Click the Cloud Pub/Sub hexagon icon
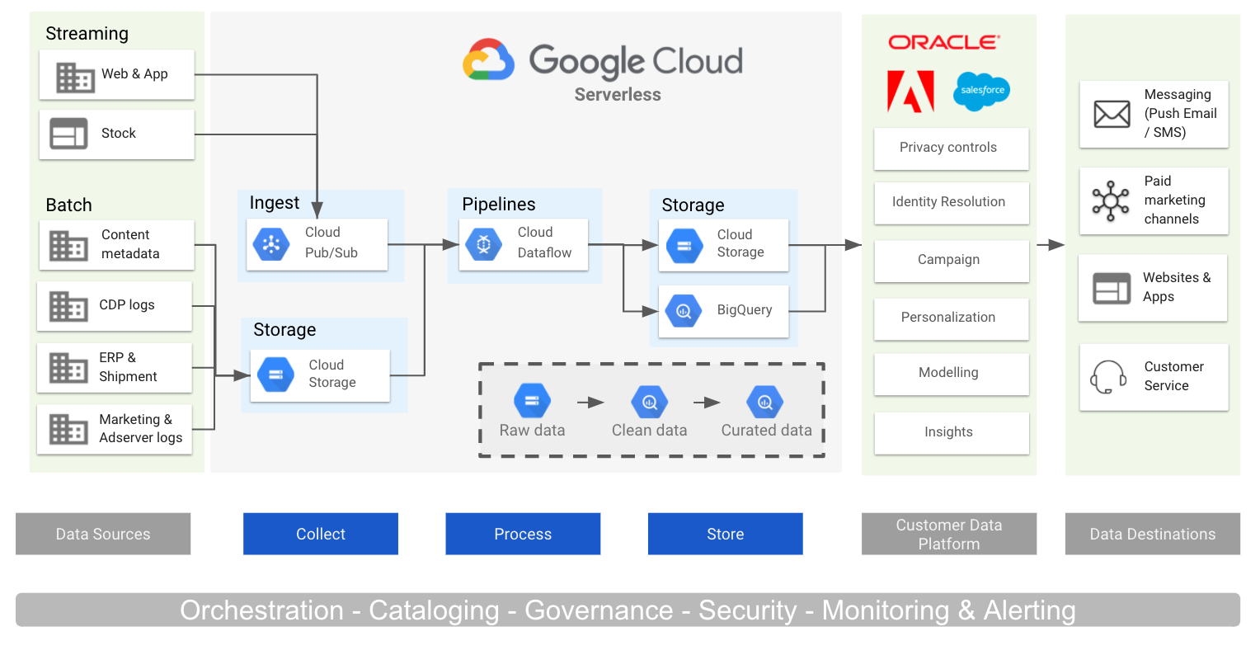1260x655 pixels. coord(270,243)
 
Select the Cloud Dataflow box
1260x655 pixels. coord(523,243)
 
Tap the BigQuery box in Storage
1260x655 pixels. coord(723,310)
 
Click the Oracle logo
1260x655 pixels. coord(944,42)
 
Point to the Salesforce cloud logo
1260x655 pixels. coord(981,91)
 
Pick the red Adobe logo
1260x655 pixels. coord(910,91)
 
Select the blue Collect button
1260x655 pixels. coord(320,534)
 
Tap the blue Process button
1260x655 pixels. coord(523,534)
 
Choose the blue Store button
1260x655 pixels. coord(725,534)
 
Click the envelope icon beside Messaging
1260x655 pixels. coord(1112,114)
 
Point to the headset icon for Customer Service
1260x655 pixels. coord(1108,377)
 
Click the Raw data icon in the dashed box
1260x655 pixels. coord(532,401)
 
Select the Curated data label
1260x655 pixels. coord(766,430)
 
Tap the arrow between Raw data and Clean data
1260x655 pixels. coord(590,403)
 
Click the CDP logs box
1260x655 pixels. coord(115,305)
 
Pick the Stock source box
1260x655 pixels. coord(117,134)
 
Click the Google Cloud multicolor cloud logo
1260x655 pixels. coord(488,60)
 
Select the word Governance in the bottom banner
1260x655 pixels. coord(599,610)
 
